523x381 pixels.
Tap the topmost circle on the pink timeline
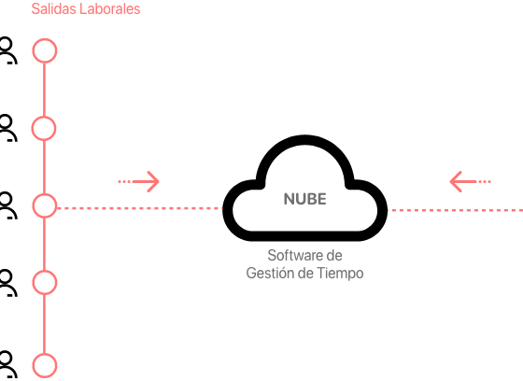coord(45,50)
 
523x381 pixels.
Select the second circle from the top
coord(44,128)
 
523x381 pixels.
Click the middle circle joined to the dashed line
coord(45,205)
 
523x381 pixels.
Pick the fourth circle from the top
coord(45,283)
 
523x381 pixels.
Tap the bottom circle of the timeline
coord(45,366)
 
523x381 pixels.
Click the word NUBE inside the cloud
coord(304,199)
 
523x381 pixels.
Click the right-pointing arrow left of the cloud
coord(139,181)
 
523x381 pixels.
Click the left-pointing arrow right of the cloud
coord(470,181)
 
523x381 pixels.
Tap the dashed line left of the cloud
coord(139,208)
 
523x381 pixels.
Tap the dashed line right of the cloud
coord(455,210)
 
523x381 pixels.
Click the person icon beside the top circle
coord(7,50)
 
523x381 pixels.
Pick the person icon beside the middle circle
coord(7,205)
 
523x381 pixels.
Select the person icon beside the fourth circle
coord(7,283)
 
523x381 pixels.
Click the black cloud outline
coord(304,235)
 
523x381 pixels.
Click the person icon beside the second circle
coord(7,128)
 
